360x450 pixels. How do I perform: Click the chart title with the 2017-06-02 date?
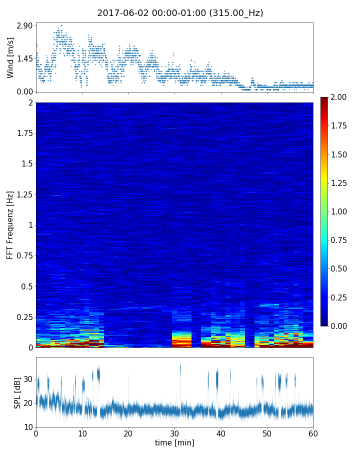(x=180, y=13)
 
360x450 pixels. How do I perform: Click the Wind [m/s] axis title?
(x=10, y=57)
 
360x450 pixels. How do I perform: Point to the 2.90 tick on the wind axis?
(x=24, y=25)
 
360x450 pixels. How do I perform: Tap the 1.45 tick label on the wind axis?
(x=24, y=58)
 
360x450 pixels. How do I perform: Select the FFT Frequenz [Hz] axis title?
(x=10, y=225)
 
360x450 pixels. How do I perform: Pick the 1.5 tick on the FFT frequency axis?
(x=26, y=164)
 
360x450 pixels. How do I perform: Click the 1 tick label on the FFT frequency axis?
(x=30, y=225)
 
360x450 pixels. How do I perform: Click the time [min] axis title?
(x=174, y=442)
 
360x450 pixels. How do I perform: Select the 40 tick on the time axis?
(x=221, y=433)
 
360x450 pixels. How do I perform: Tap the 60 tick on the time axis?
(x=313, y=433)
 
